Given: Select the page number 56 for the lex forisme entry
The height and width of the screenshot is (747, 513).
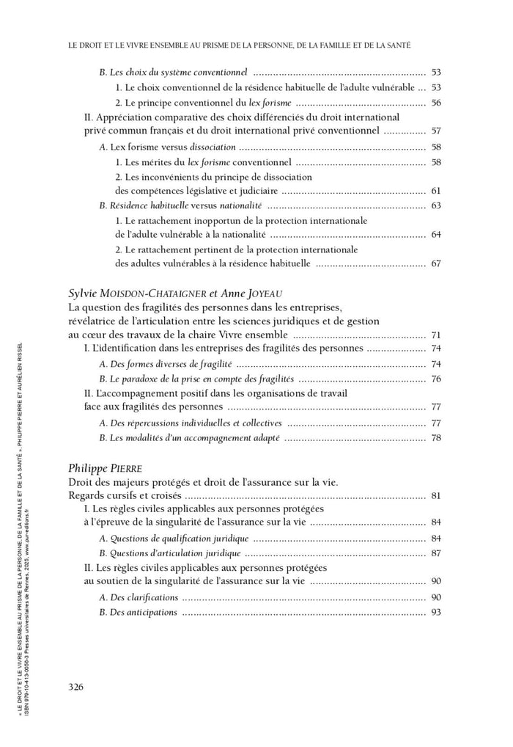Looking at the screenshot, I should point(436,102).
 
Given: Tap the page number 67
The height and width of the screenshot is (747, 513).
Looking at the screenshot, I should point(436,263).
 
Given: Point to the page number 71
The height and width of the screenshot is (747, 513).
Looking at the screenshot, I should point(436,334).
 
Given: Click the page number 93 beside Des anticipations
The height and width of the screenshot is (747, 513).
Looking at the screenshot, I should point(436,612).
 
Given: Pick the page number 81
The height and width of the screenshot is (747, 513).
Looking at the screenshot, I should point(436,495).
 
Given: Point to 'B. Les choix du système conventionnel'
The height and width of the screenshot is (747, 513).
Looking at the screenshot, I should point(173,73).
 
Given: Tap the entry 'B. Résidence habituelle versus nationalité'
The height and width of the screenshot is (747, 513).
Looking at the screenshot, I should point(180,205).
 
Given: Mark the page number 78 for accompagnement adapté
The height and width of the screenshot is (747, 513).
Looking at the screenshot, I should point(436,438).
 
